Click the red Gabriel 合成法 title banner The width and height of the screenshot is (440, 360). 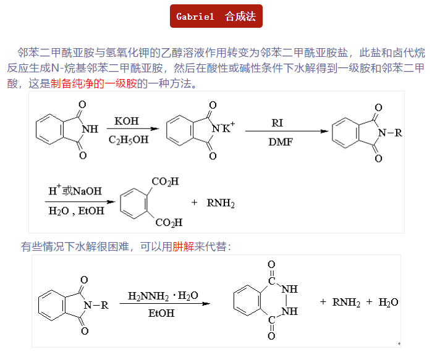(x=216, y=16)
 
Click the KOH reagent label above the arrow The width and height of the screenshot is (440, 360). (x=127, y=121)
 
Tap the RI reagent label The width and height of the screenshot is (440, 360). (x=277, y=123)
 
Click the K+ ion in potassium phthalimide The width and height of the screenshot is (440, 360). (x=228, y=127)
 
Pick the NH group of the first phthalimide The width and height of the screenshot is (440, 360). (x=90, y=130)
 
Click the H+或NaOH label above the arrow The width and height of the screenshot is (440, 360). (x=75, y=191)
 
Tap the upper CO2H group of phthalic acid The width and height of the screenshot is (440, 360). (x=165, y=182)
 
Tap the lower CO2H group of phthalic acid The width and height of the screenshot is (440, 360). (x=169, y=222)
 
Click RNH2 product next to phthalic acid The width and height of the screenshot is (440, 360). (x=221, y=203)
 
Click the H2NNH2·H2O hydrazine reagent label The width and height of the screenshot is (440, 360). (x=163, y=296)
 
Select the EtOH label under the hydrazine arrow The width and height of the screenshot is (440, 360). (x=161, y=314)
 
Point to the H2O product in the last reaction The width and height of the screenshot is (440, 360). (x=388, y=303)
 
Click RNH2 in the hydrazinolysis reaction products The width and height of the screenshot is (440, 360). (x=346, y=303)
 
